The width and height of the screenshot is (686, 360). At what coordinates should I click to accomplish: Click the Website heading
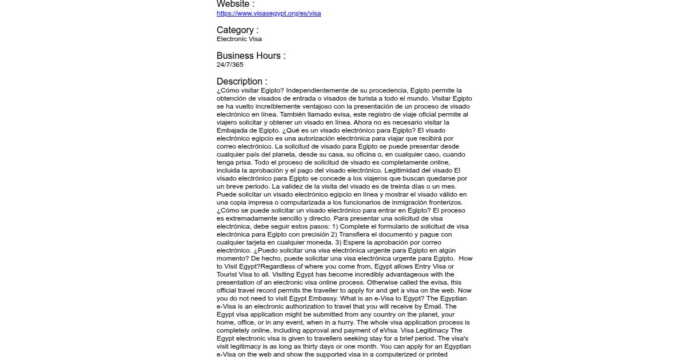pyautogui.click(x=235, y=4)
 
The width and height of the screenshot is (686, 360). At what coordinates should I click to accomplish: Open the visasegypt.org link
pyautogui.click(x=269, y=14)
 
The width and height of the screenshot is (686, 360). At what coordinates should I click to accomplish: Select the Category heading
pyautogui.click(x=237, y=30)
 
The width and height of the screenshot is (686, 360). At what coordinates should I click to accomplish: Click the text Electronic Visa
pyautogui.click(x=239, y=39)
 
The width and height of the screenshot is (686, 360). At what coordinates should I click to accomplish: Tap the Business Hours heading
pyautogui.click(x=250, y=55)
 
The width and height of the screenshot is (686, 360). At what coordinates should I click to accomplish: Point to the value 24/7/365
pyautogui.click(x=230, y=65)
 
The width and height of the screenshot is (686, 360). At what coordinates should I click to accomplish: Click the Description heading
pyautogui.click(x=242, y=81)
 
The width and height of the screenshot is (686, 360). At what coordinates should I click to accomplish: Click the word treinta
pyautogui.click(x=405, y=186)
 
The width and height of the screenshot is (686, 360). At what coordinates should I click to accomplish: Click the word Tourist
pyautogui.click(x=228, y=274)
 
